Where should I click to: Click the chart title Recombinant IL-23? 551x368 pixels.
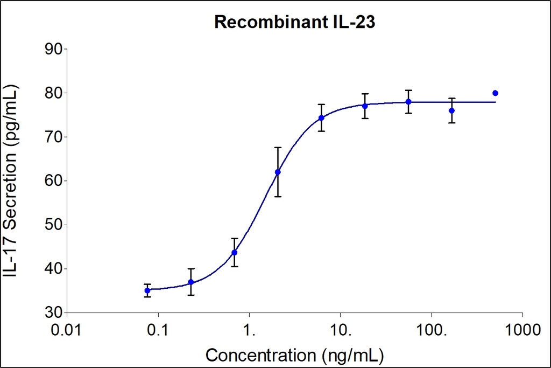point(275,23)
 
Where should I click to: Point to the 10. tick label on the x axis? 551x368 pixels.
point(340,329)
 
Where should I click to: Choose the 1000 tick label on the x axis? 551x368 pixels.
point(522,329)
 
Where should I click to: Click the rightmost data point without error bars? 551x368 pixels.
point(495,93)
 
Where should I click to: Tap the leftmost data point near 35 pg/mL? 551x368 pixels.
point(147,290)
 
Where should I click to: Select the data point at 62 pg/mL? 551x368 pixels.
point(278,172)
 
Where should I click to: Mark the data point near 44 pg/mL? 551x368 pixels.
point(234,252)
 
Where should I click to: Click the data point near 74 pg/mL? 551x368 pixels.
point(321,118)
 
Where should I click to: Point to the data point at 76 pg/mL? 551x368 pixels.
point(451,110)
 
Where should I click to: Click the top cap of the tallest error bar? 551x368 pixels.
point(278,147)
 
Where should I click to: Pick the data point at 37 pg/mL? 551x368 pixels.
point(191,282)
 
